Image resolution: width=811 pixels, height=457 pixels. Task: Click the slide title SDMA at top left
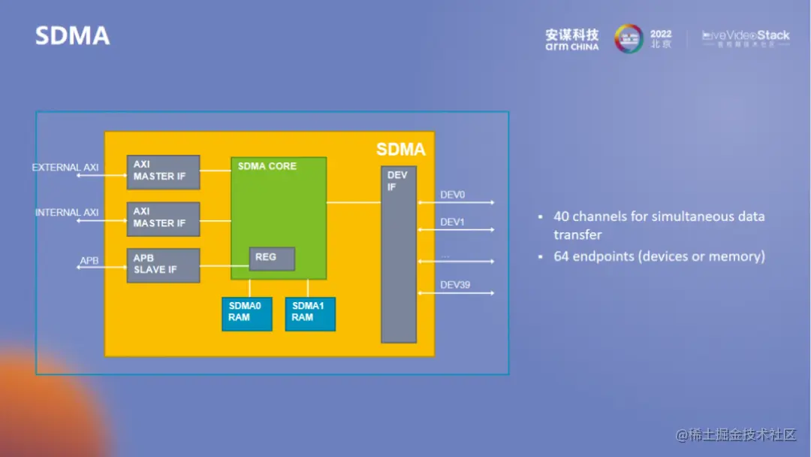tap(72, 35)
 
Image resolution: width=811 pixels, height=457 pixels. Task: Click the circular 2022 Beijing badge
tap(629, 39)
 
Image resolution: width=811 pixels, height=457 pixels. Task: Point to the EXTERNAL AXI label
tap(65, 168)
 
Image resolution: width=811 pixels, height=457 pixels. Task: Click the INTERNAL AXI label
tap(67, 213)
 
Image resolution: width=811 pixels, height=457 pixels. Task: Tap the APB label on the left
tap(89, 261)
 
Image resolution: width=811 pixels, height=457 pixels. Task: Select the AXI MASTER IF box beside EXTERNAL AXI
tap(163, 172)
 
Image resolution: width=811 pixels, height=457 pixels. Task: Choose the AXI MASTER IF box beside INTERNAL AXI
tap(163, 219)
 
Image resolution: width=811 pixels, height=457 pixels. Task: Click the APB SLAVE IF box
tap(163, 265)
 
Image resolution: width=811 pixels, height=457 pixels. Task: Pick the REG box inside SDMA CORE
tap(272, 259)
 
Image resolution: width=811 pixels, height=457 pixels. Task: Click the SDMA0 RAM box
tap(246, 314)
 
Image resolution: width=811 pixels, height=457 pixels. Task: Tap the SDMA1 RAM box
tap(310, 314)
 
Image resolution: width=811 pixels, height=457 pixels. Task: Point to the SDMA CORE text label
tap(267, 166)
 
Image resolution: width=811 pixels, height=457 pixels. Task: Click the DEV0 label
tap(453, 195)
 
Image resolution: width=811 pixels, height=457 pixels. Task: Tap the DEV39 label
tap(455, 285)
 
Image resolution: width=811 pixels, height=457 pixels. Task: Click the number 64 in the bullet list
tap(562, 257)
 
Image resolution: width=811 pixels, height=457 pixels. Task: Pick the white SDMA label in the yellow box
tap(400, 150)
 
